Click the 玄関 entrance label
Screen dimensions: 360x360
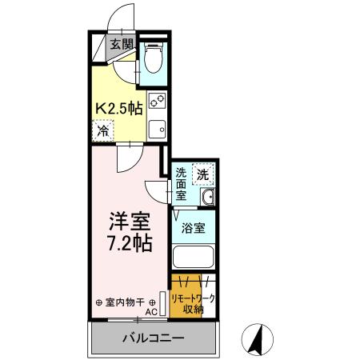pos(122,44)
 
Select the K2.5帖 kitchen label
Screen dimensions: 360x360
pos(121,106)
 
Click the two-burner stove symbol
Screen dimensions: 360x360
pos(158,102)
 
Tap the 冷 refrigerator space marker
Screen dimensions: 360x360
pos(103,129)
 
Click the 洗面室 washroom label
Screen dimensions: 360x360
pos(182,183)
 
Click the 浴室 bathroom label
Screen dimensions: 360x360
pos(193,227)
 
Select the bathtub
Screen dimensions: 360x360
pos(193,258)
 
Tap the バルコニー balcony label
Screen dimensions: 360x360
pos(153,337)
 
